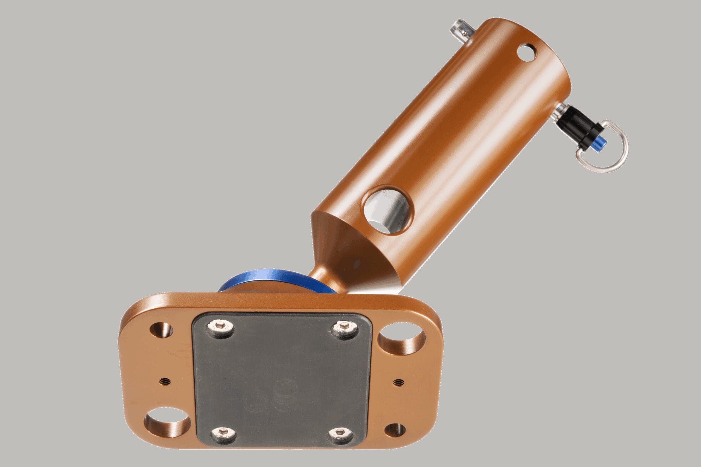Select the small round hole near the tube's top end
527,53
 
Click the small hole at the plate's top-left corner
161,330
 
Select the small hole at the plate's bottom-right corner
395,431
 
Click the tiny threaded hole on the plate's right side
398,382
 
